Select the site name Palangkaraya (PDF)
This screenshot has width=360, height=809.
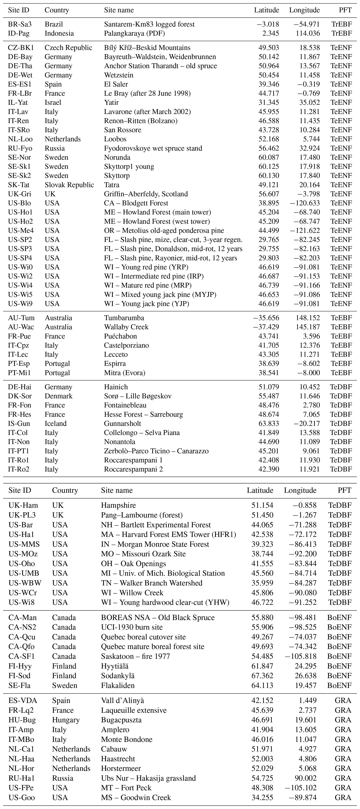coord(134,33)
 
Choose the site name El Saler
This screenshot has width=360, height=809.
coord(116,84)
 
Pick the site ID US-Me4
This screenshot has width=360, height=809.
coord(21,230)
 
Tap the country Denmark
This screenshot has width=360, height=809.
coord(58,396)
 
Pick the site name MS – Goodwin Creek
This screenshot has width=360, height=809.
coord(136,797)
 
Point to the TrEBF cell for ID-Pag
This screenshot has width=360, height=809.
coord(342,33)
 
